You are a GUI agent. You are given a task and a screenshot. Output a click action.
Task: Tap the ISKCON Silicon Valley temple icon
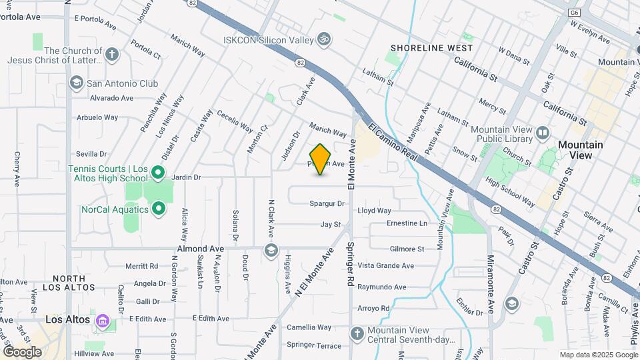pos(324,40)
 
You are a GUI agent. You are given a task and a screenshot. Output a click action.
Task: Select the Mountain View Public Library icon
pos(543,133)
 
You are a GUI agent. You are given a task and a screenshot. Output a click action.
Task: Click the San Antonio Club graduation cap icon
pos(77,83)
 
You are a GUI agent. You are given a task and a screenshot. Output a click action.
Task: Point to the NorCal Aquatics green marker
pos(159,209)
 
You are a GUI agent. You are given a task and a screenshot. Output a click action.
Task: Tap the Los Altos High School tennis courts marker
pos(158,173)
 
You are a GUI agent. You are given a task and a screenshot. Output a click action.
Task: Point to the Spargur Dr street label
pos(327,203)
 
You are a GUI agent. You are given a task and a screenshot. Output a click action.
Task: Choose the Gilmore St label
pos(407,249)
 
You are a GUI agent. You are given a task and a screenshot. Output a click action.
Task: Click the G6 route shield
pos(574,13)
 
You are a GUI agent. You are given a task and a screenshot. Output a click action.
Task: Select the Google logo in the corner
pos(22,351)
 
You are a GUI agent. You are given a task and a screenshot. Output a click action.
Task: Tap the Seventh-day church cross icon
pos(357,333)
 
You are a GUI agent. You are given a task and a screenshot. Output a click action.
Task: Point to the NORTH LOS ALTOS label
pos(70,283)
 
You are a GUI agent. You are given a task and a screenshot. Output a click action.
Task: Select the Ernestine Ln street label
pos(407,223)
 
